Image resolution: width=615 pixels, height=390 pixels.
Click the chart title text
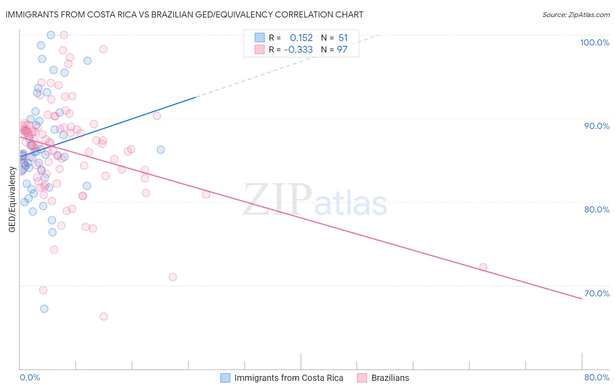tap(184, 14)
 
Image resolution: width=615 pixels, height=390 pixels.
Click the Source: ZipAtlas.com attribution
tap(576, 15)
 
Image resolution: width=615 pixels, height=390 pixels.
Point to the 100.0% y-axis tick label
tap(594, 42)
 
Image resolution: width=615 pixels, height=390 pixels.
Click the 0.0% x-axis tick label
tap(30, 377)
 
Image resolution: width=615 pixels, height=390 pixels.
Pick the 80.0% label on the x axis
tap(597, 377)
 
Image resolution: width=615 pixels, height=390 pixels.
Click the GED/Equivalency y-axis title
tap(12, 199)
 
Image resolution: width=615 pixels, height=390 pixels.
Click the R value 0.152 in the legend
tap(301, 38)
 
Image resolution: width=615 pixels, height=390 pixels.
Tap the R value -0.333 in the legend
tap(298, 50)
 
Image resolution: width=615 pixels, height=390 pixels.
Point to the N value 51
tap(343, 38)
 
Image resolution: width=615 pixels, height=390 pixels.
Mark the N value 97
tap(342, 50)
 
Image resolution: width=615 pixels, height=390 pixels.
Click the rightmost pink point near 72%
tap(483, 267)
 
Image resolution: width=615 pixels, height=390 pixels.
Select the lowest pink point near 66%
tap(104, 317)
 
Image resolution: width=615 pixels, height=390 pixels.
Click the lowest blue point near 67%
tap(44, 309)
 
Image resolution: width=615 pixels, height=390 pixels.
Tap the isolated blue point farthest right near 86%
tap(161, 150)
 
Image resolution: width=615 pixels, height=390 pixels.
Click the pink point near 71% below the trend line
tap(173, 277)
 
